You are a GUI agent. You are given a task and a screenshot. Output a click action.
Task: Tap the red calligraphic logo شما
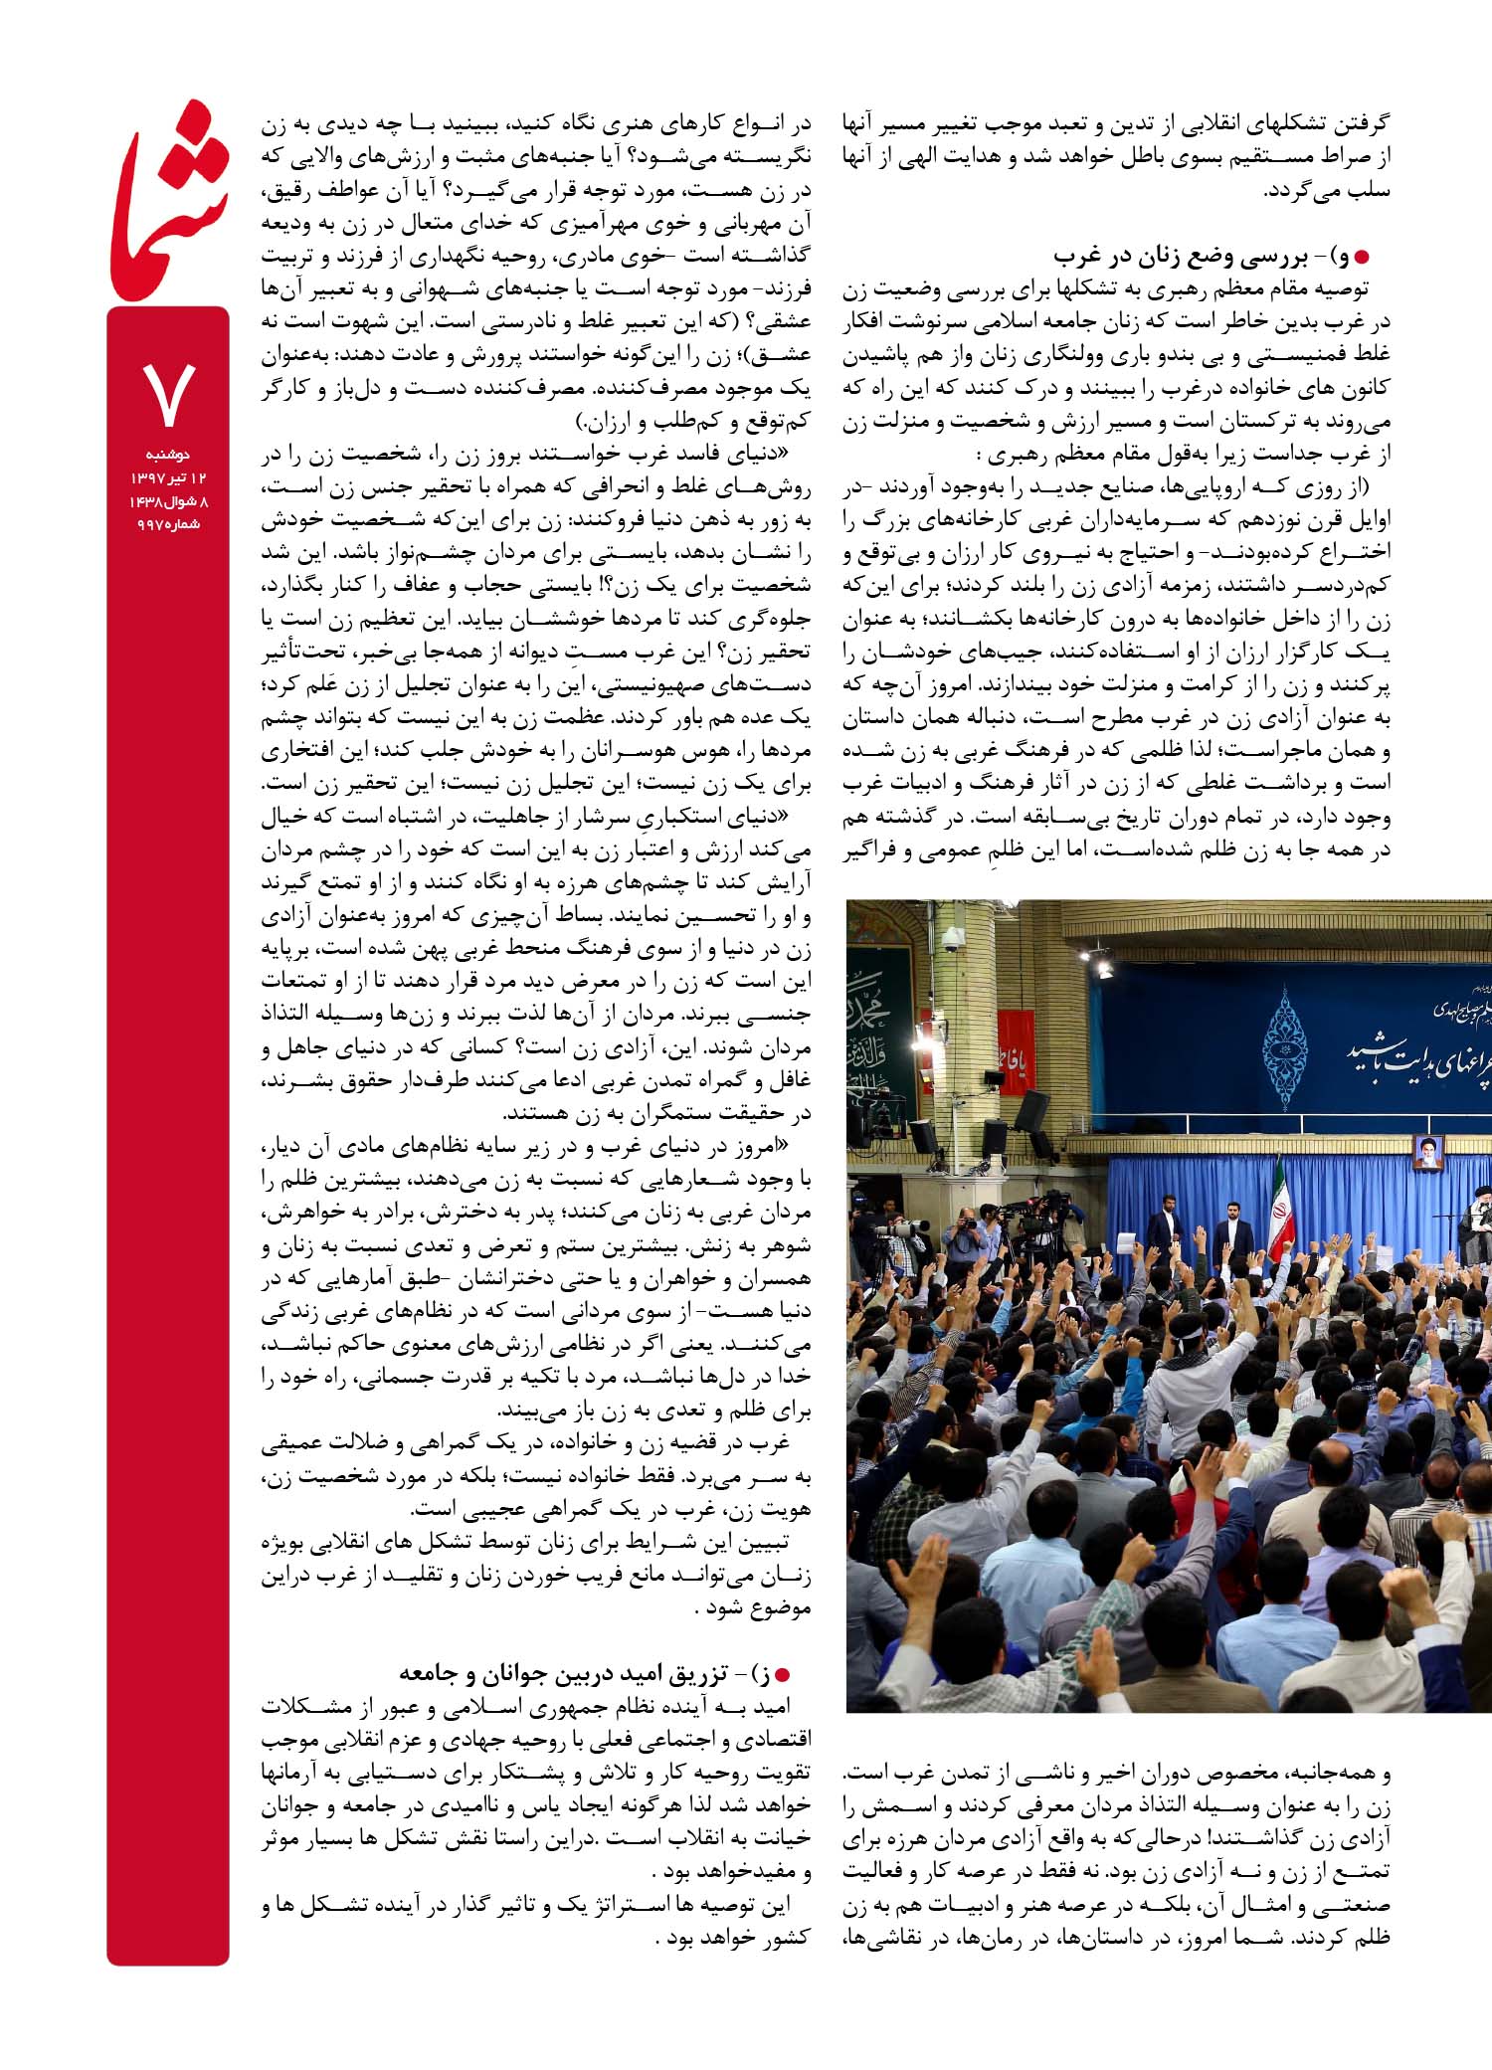pos(169,204)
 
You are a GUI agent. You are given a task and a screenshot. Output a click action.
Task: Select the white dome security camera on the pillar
pos(952,937)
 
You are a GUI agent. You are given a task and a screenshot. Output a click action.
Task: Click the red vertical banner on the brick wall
pos(1015,1051)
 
